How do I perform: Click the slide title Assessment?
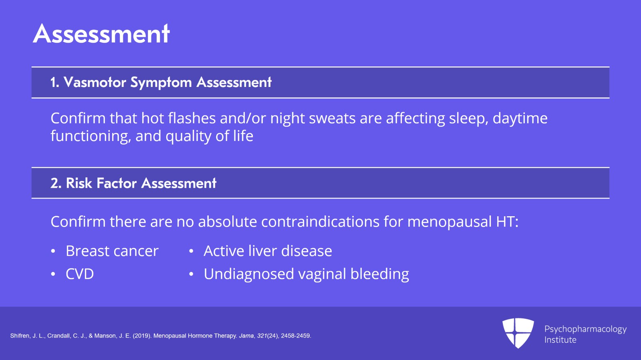click(x=101, y=34)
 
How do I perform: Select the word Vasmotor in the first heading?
click(x=95, y=82)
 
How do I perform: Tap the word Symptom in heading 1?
click(x=161, y=83)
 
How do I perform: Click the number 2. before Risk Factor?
click(x=56, y=183)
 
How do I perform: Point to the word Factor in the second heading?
click(x=117, y=183)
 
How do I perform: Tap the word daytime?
click(x=520, y=119)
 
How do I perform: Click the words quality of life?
click(x=210, y=136)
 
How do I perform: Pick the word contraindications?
click(x=320, y=221)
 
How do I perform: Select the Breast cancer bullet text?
click(x=112, y=251)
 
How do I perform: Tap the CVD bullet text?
click(x=80, y=274)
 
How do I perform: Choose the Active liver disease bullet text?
click(x=268, y=251)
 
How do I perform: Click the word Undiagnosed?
click(x=249, y=274)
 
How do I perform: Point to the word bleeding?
click(x=380, y=274)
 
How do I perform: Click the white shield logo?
click(x=518, y=333)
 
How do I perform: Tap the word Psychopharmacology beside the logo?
click(x=585, y=330)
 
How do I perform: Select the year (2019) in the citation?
click(x=142, y=336)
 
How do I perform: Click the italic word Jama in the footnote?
click(x=246, y=336)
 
